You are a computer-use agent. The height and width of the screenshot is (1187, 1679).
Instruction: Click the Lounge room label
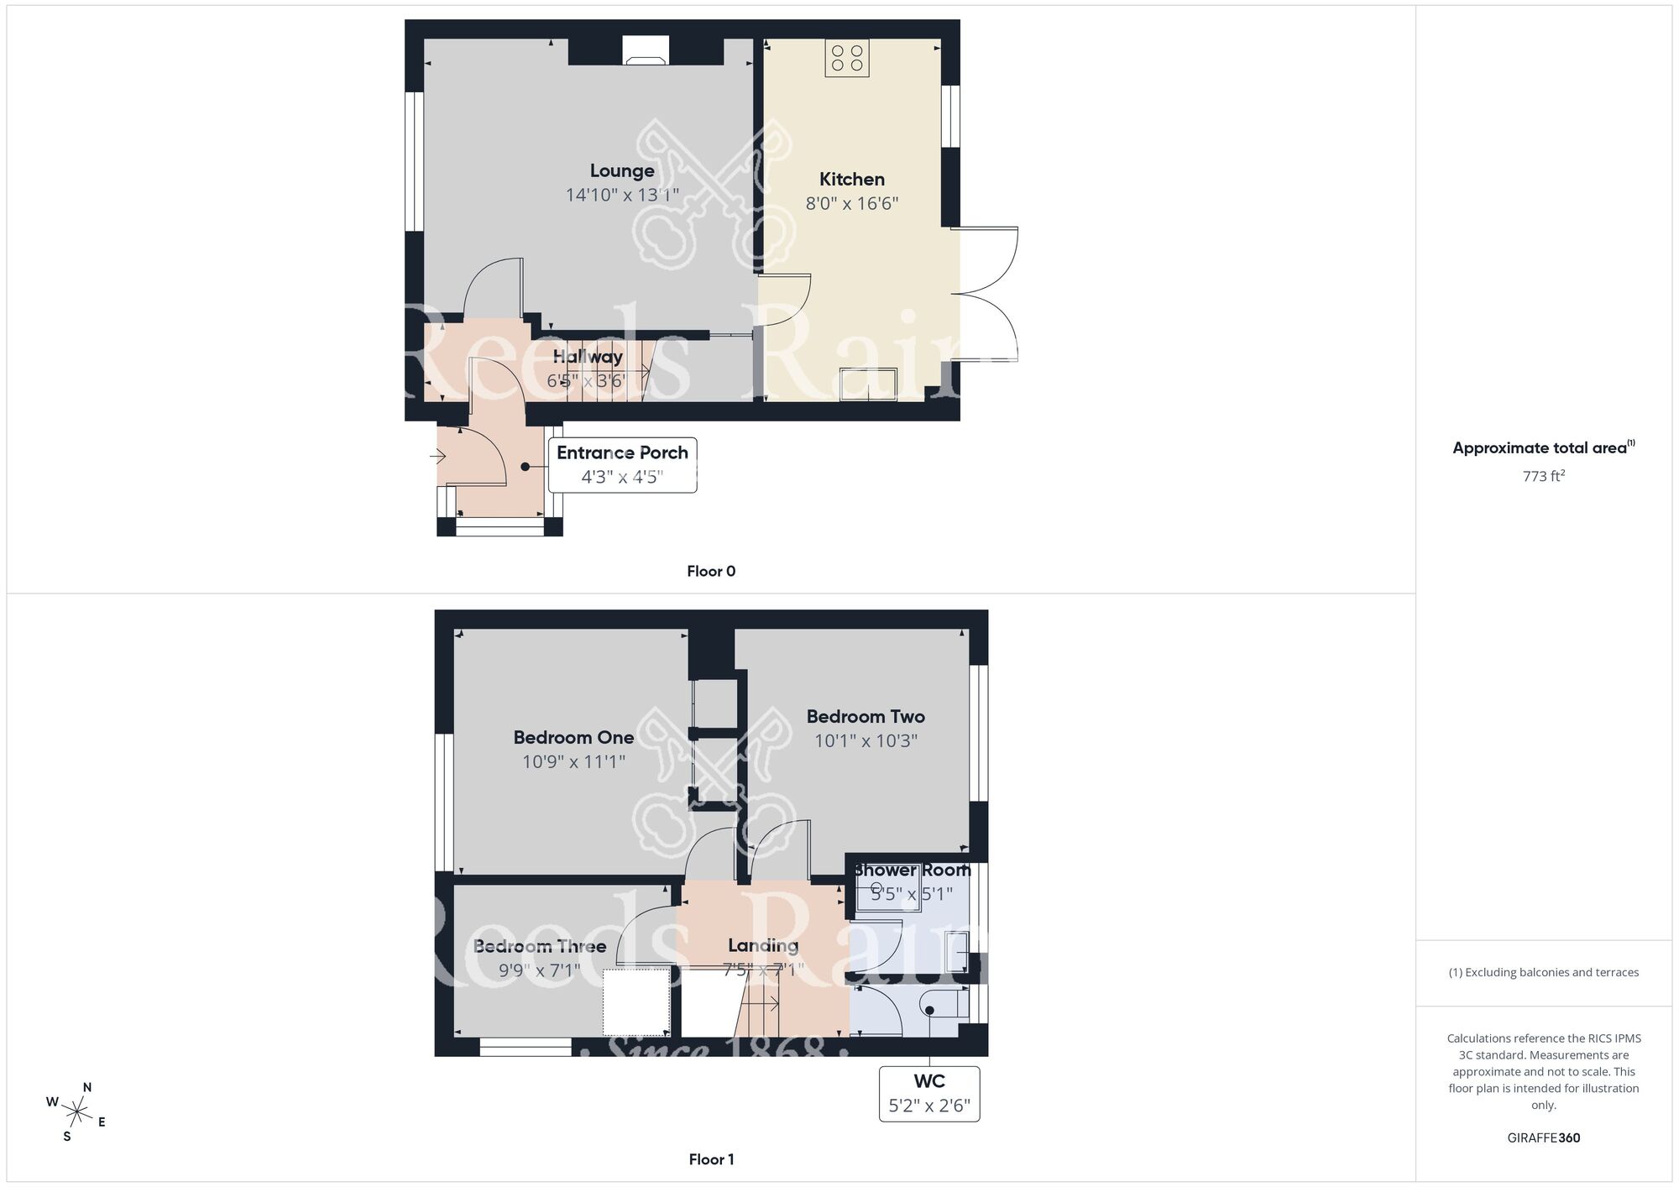[622, 171]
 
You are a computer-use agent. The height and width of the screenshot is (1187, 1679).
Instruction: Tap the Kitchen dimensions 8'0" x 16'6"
[852, 203]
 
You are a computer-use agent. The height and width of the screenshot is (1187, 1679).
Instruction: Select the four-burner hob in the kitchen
[846, 58]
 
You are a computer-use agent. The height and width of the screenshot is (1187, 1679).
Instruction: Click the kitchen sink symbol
[868, 384]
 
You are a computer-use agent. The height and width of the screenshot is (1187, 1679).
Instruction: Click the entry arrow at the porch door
[437, 457]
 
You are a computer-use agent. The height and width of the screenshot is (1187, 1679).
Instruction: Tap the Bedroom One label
[573, 737]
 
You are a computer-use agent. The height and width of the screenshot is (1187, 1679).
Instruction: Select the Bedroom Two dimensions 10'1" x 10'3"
[866, 740]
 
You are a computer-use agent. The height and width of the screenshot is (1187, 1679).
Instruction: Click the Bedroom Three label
[540, 946]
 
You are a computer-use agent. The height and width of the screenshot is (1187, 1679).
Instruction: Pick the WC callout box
[929, 1093]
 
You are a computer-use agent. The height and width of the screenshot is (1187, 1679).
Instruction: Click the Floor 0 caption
[711, 572]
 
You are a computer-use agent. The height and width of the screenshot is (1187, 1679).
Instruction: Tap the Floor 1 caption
[711, 1159]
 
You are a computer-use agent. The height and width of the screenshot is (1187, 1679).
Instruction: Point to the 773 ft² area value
[1543, 476]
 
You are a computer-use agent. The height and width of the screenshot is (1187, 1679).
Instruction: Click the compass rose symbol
[77, 1113]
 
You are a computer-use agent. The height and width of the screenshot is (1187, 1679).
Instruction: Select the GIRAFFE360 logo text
[1543, 1138]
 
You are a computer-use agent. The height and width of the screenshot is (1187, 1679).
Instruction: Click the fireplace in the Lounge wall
[646, 51]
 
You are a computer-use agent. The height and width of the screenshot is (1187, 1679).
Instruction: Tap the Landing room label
[763, 945]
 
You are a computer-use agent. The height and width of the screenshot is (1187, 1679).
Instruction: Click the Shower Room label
[913, 871]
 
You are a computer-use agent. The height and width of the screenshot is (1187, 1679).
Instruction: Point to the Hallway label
[588, 357]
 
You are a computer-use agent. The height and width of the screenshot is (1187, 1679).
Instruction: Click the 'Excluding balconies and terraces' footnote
[1543, 972]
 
